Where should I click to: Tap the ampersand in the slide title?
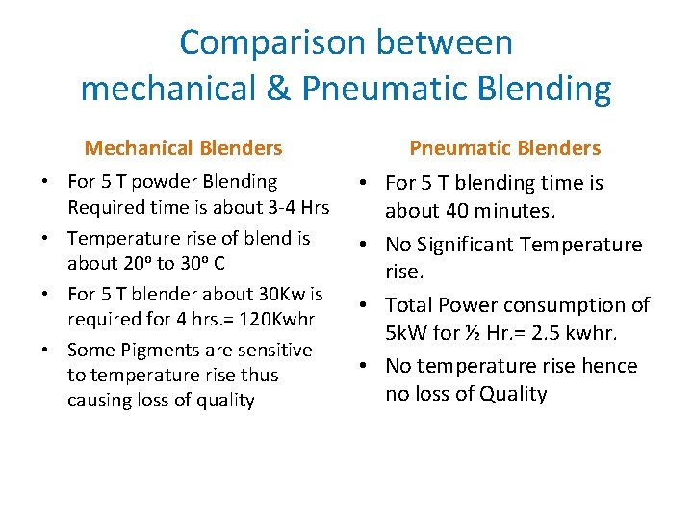(x=279, y=89)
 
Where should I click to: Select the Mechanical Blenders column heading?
(x=183, y=148)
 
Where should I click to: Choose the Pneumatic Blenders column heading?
(x=504, y=148)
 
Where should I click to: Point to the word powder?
(x=172, y=182)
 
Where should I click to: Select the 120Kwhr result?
(x=267, y=319)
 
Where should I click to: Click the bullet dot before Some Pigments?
(x=47, y=351)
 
